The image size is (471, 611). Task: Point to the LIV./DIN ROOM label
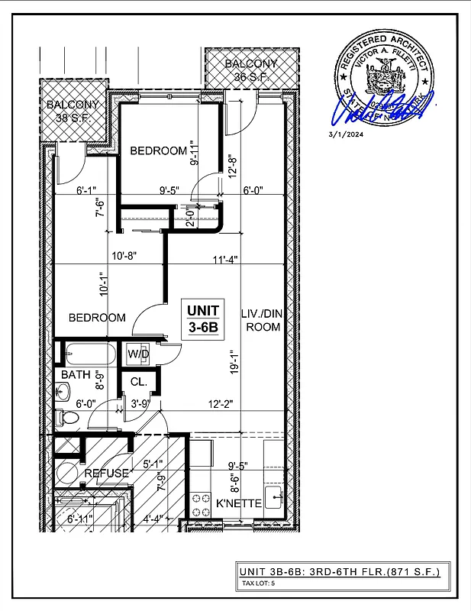(x=261, y=320)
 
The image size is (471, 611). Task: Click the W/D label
(x=138, y=354)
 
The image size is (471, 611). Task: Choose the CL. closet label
(x=138, y=381)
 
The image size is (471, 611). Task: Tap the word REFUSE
(x=106, y=473)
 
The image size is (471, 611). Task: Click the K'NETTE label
(x=239, y=503)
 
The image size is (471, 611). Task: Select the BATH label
(x=76, y=375)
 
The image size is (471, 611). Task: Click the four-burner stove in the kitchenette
(x=202, y=504)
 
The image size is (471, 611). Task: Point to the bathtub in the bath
(x=89, y=354)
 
